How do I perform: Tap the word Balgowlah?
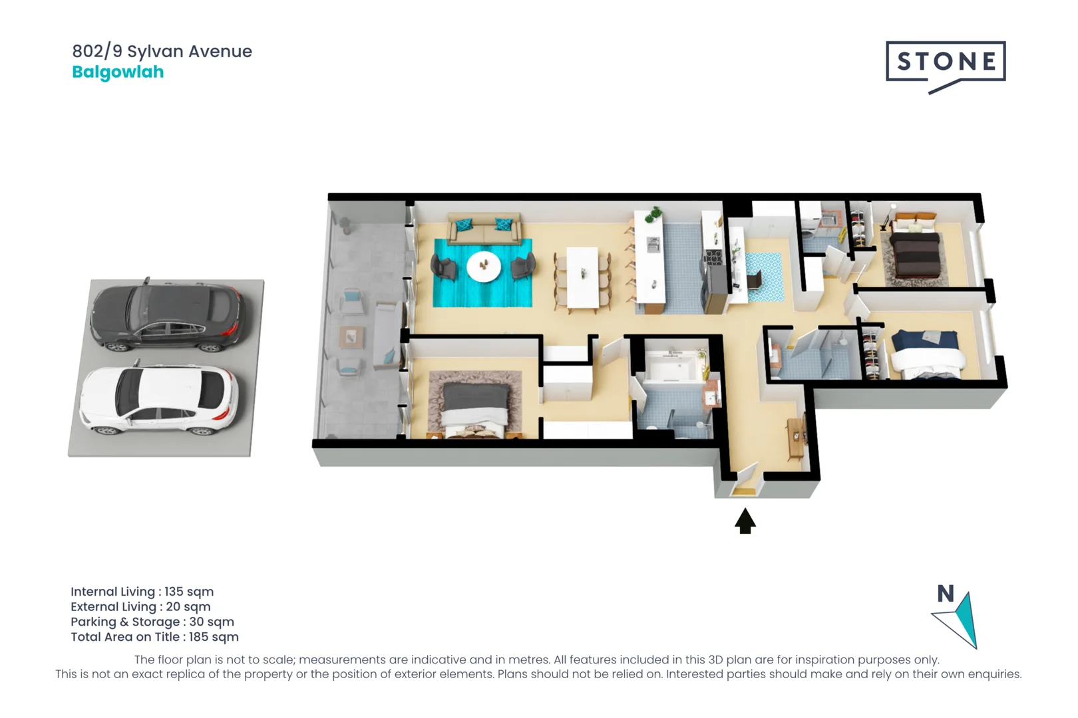pos(118,72)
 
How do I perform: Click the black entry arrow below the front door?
pos(745,521)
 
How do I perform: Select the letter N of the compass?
pos(946,594)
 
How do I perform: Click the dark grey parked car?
pos(166,314)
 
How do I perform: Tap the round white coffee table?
pos(484,266)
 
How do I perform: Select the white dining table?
pos(582,277)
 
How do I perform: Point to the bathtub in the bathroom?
pos(672,366)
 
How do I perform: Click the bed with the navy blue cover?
pos(926,354)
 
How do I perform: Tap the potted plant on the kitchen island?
pos(653,215)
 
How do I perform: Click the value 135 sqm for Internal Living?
pos(189,592)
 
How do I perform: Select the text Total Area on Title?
pos(125,637)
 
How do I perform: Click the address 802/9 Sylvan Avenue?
pos(162,51)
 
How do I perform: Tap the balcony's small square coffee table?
pos(351,336)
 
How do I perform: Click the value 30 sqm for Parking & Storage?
pos(212,622)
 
